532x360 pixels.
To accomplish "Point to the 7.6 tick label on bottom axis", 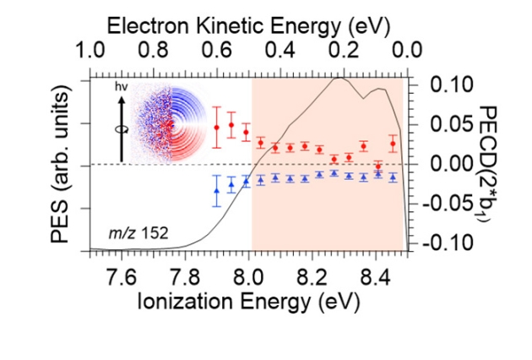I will [122, 274].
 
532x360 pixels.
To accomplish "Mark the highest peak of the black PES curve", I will [339, 78].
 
